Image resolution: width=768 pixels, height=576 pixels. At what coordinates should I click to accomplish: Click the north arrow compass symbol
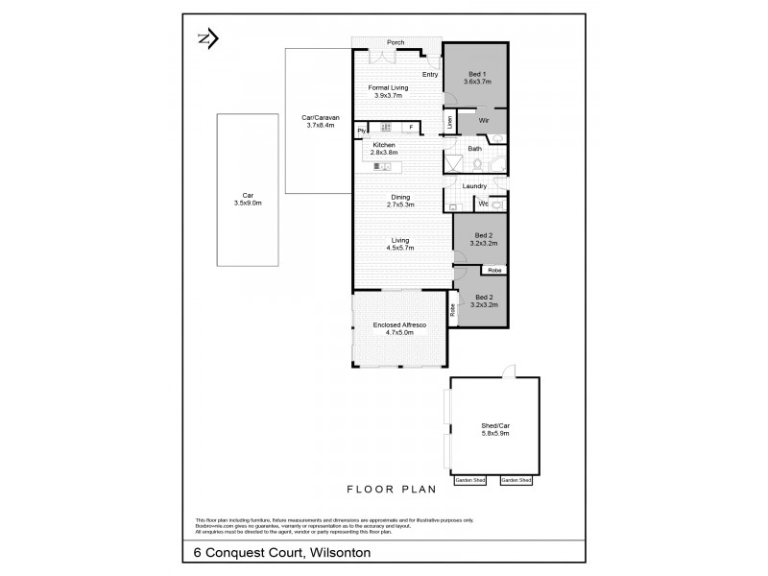[207, 38]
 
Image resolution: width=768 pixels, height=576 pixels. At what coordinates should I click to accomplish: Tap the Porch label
[396, 42]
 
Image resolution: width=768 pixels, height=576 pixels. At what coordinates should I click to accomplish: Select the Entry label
[429, 74]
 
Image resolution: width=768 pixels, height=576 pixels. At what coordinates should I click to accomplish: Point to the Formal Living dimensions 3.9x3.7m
[387, 95]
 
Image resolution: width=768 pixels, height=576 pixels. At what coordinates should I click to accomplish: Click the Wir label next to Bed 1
[485, 121]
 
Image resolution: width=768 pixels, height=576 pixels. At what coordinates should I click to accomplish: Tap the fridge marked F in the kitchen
[410, 127]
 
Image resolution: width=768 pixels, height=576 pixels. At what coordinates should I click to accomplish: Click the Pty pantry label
[362, 130]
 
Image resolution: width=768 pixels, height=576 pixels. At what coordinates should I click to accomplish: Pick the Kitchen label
[384, 145]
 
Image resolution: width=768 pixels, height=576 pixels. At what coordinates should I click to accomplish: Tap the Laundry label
[474, 186]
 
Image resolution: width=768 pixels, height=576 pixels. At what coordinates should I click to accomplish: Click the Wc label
[483, 204]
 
